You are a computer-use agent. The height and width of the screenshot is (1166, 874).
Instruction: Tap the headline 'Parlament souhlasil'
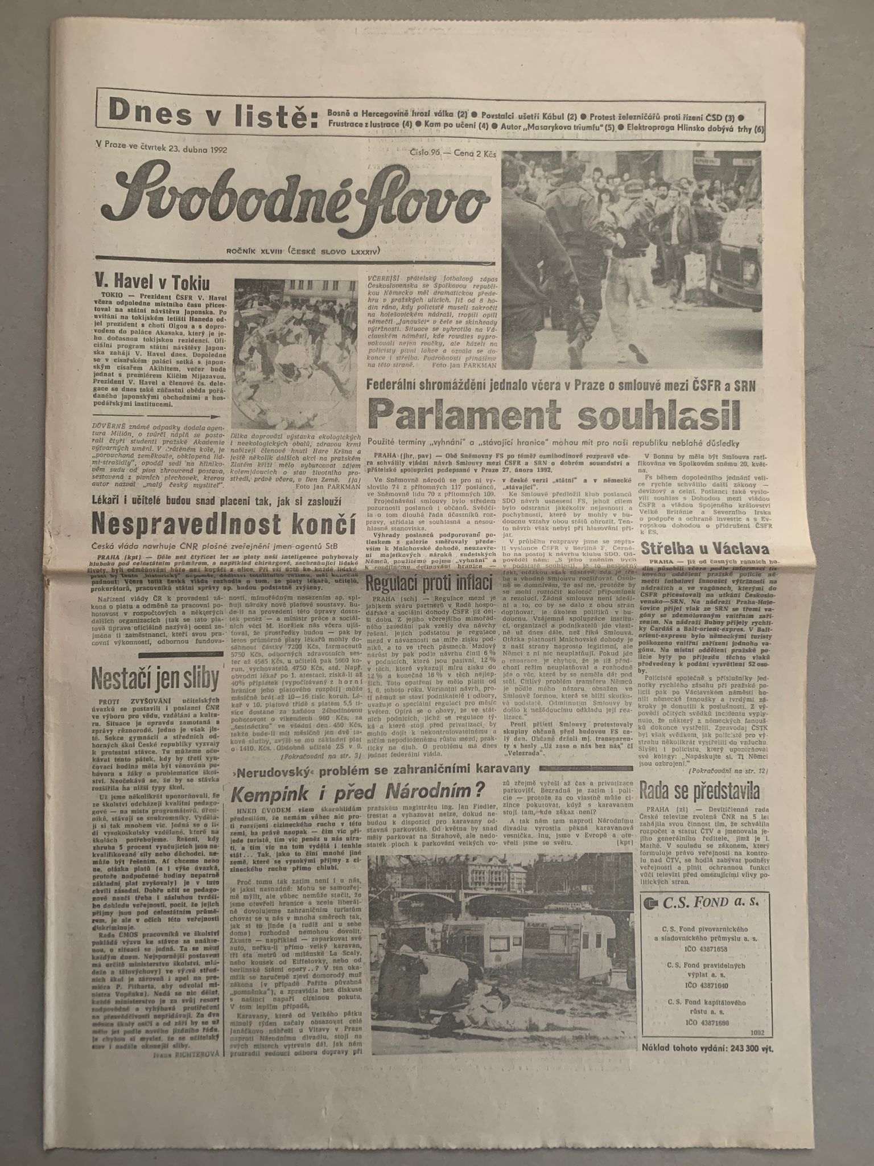pyautogui.click(x=554, y=415)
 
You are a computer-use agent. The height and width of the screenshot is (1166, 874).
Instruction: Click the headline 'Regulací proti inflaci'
pyautogui.click(x=429, y=583)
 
